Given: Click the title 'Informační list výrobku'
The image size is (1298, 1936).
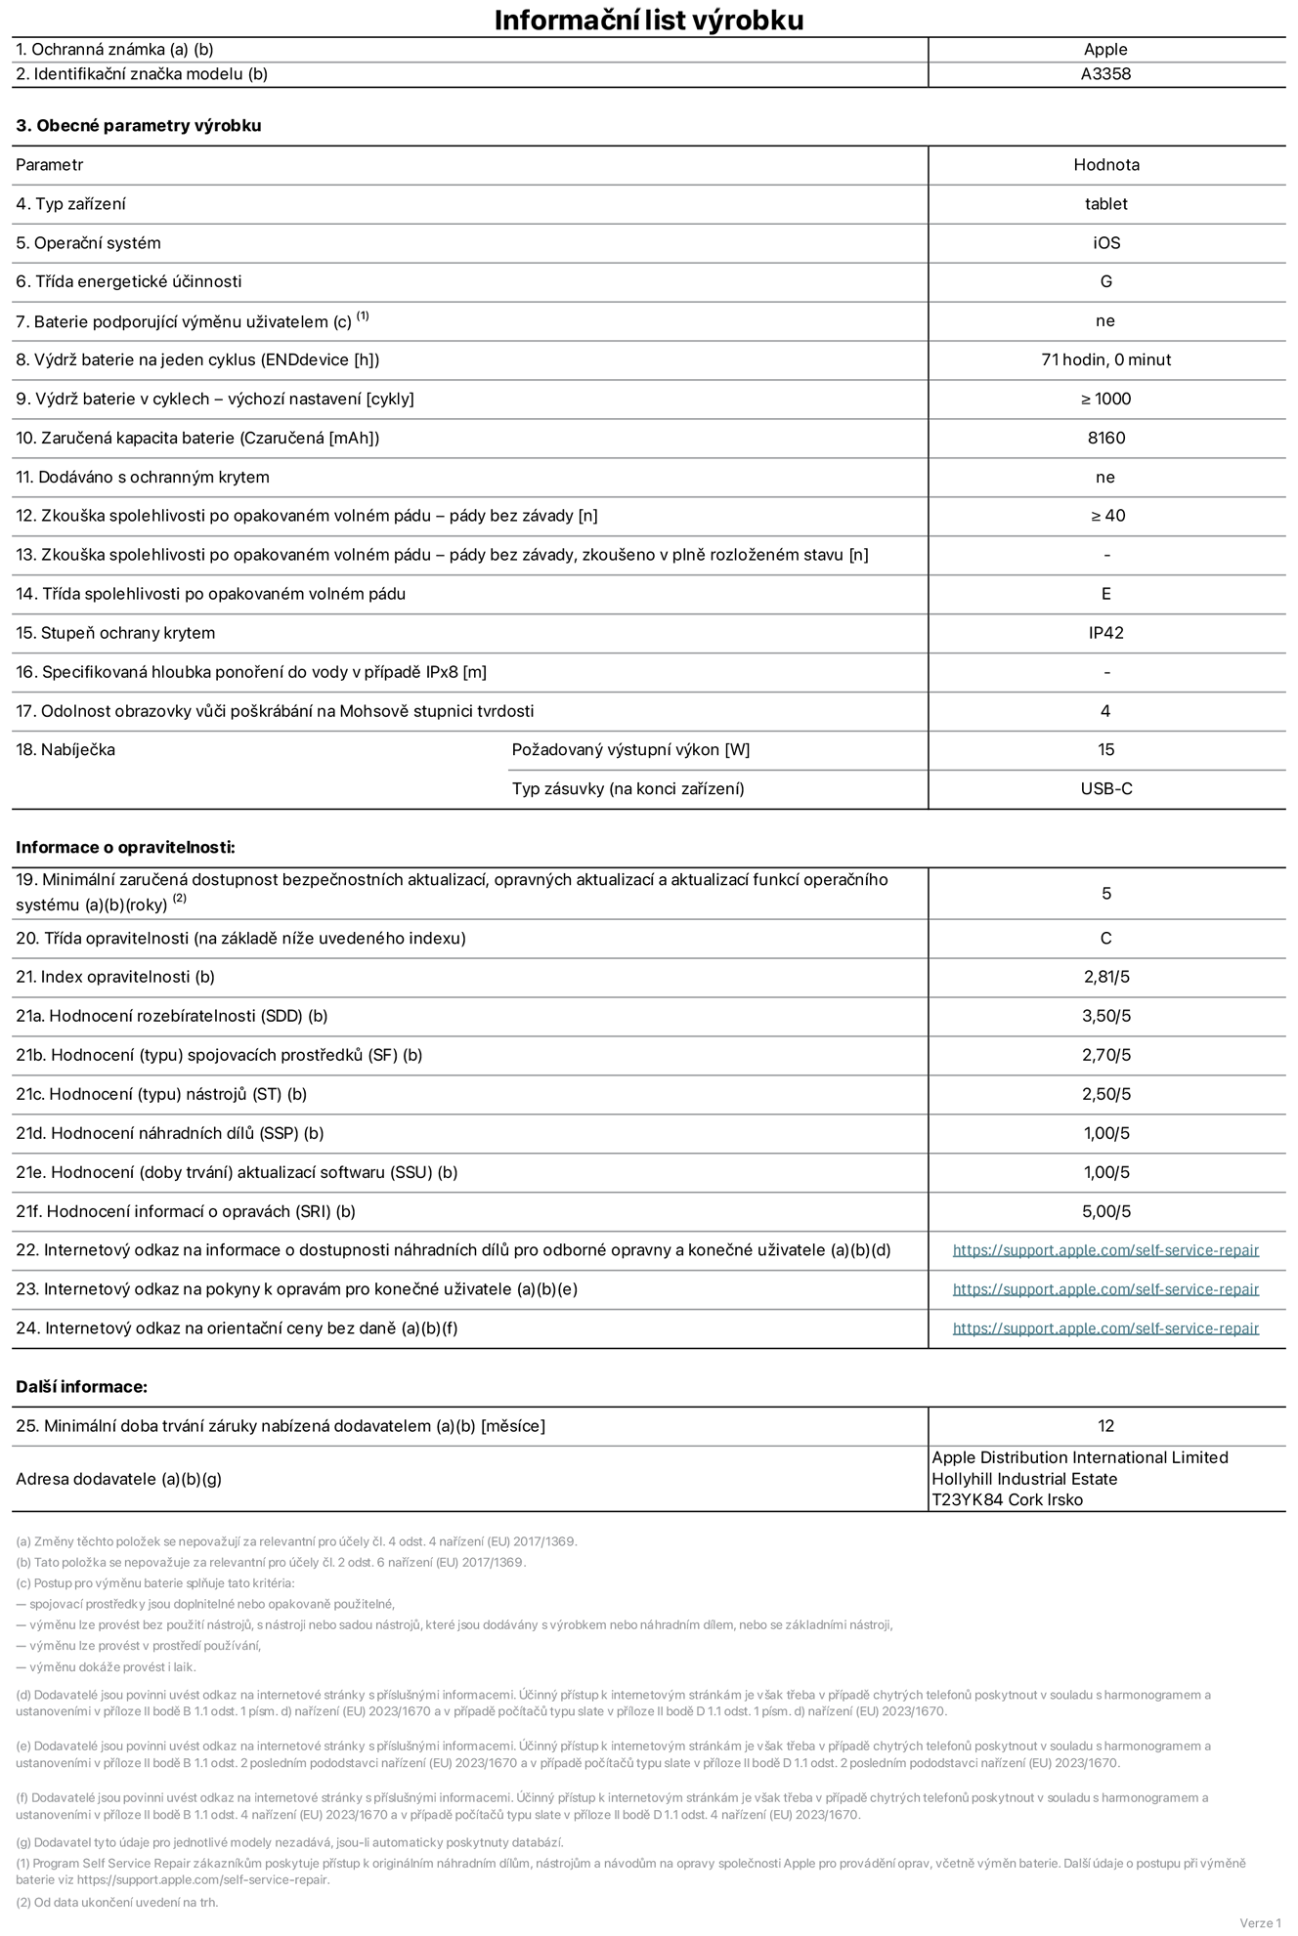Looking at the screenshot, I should click(648, 20).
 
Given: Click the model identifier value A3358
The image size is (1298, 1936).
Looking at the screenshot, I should click(1105, 74).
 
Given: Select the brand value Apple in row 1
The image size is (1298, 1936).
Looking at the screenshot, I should click(1105, 50).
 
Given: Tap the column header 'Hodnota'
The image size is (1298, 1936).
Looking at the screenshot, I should click(1105, 165).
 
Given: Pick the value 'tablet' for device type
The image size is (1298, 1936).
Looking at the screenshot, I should click(1105, 204).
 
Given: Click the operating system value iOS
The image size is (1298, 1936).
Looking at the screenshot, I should click(1105, 243).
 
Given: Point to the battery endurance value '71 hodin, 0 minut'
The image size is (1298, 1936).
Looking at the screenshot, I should click(1105, 360).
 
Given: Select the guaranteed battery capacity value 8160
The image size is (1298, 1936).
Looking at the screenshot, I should click(1105, 439).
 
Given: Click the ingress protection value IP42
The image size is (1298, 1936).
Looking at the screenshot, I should click(1105, 633).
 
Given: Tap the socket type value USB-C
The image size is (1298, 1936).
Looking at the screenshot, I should click(1105, 789).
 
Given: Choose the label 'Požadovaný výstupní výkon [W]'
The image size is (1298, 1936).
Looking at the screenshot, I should click(630, 750).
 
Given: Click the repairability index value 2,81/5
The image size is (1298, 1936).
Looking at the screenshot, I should click(1105, 977).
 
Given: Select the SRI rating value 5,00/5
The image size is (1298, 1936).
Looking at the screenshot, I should click(1105, 1211).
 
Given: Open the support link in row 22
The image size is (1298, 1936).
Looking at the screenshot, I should click(1105, 1250).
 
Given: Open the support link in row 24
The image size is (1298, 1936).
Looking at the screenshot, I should click(1105, 1328).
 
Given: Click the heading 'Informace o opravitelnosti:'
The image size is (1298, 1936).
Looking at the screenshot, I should click(125, 848).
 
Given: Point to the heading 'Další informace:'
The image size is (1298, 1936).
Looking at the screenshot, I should click(81, 1387).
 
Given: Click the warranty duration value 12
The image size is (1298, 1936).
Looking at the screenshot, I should click(1105, 1426).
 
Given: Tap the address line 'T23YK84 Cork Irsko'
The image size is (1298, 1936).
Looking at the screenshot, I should click(1007, 1500).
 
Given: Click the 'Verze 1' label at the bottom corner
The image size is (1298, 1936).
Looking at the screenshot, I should click(1259, 1923).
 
